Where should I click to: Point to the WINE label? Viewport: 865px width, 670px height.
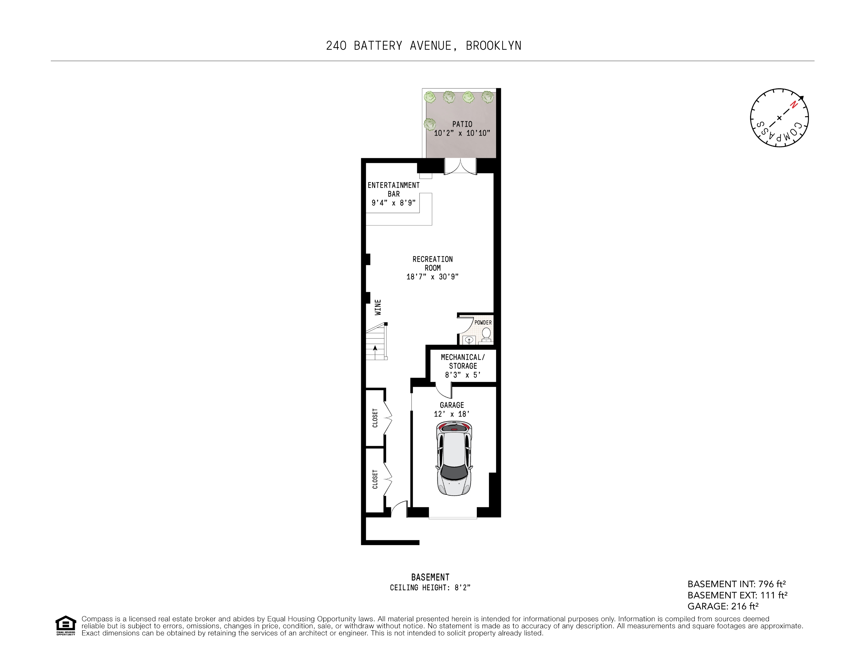pos(378,307)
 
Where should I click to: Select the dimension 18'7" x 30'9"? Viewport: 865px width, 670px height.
pos(432,277)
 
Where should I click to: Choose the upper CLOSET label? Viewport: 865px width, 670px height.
pos(375,418)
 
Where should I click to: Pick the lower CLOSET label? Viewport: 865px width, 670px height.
pos(375,479)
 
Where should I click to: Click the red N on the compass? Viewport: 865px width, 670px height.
pos(793,105)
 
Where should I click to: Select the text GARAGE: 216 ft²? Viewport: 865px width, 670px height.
pos(723,606)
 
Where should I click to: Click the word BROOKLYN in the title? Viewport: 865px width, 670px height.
pos(494,46)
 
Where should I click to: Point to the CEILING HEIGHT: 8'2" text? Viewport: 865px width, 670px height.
pos(430,587)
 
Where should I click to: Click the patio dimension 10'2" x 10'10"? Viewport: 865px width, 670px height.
pos(462,133)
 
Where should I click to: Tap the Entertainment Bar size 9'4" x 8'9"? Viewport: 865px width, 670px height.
pos(393,203)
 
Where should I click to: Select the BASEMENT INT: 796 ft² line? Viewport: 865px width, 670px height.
pos(736,584)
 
